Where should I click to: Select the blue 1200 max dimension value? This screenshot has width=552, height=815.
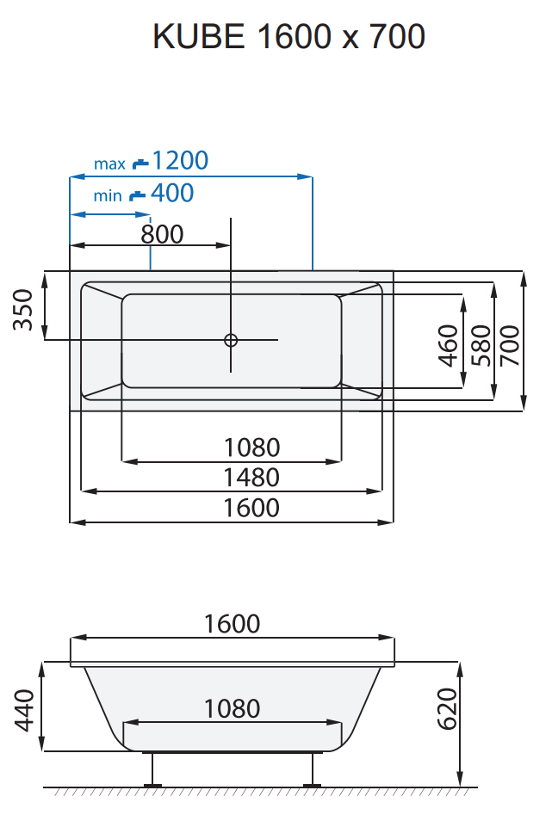pos(180,161)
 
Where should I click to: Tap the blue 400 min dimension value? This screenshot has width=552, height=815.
pos(171,194)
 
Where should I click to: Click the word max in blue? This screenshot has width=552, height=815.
pos(109,164)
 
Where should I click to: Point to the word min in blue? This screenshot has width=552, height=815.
pos(108,196)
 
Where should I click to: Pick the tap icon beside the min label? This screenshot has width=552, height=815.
pos(137,195)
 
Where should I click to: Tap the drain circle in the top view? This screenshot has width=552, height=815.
pos(231,340)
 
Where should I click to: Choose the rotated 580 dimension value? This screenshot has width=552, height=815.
pos(480,345)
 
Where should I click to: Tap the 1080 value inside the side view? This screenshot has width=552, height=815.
pos(232,708)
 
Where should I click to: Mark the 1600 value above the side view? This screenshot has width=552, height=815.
pos(232,624)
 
